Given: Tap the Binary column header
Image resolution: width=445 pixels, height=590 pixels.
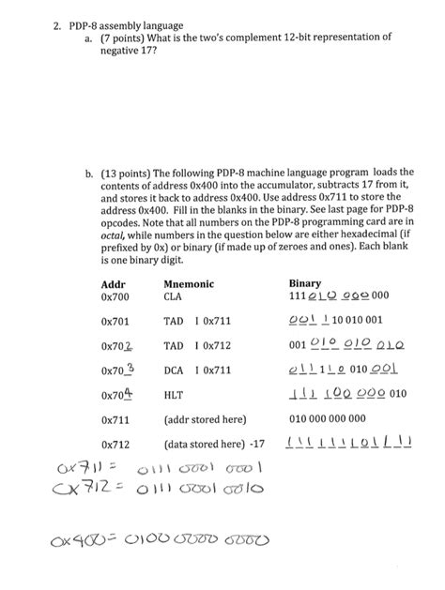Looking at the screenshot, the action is click(x=306, y=283).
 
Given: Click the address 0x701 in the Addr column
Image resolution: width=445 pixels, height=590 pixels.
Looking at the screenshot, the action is click(x=115, y=321).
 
